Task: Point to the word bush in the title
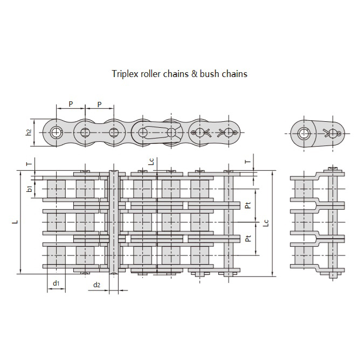pyautogui.click(x=208, y=74)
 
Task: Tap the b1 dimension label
pyautogui.click(x=30, y=189)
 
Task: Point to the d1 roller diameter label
pyautogui.click(x=56, y=283)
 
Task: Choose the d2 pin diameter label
pyautogui.click(x=96, y=284)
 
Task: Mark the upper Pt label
pyautogui.click(x=247, y=205)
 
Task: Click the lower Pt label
pyautogui.click(x=247, y=238)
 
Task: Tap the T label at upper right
pyautogui.click(x=247, y=161)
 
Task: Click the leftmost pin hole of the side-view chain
pyautogui.click(x=56, y=132)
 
